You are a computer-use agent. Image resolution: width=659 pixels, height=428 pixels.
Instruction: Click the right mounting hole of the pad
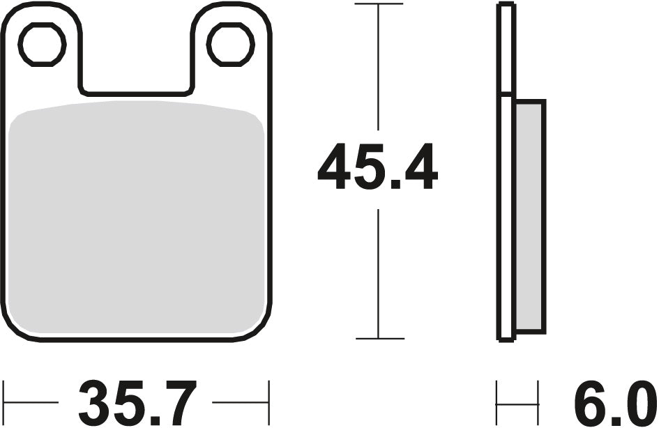229,45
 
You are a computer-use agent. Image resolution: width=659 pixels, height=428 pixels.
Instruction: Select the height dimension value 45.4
377,169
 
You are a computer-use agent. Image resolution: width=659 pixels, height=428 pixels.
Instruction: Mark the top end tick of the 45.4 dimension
379,4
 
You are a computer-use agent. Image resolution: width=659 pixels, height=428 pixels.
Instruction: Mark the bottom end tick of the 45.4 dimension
379,339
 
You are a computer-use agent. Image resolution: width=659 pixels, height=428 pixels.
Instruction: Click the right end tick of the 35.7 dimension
268,402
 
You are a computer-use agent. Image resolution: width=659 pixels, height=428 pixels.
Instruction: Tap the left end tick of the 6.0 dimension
497,402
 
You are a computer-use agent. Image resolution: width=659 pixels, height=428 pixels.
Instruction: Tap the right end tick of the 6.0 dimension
538,402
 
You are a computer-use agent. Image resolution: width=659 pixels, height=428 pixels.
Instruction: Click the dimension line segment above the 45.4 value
379,70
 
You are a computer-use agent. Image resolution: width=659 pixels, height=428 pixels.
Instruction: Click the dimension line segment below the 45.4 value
379,272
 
